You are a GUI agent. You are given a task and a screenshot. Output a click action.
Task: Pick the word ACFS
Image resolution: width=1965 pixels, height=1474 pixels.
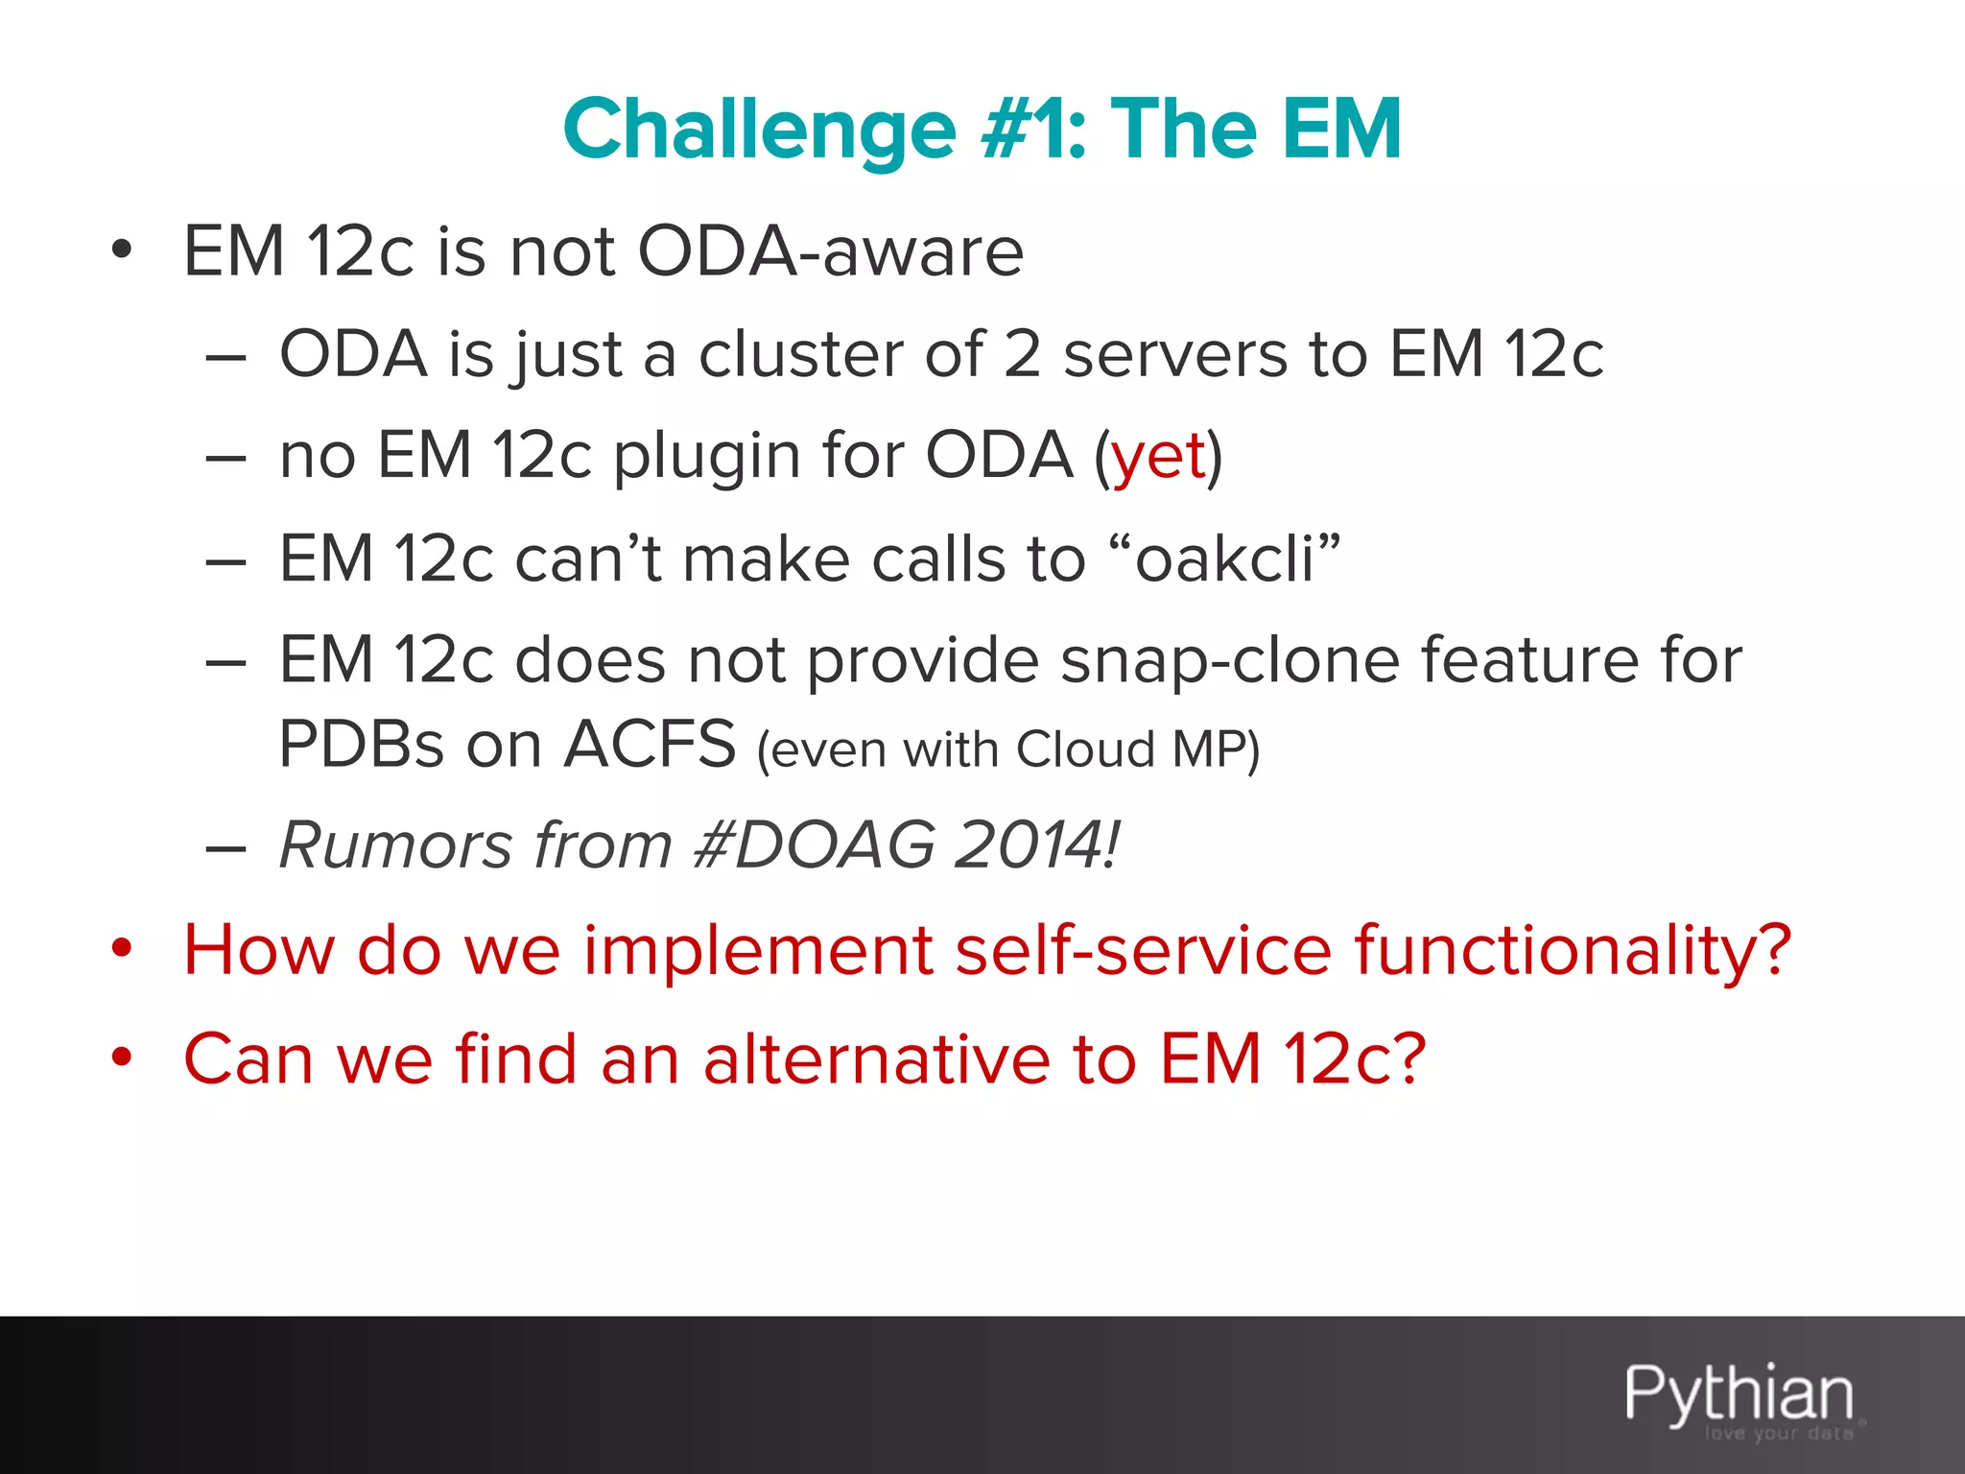click(x=650, y=744)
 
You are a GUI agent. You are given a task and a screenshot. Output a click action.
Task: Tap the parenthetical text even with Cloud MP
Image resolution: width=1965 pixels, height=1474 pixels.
click(x=1007, y=749)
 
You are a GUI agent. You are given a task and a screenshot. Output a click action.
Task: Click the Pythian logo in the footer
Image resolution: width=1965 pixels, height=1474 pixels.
click(x=1739, y=1396)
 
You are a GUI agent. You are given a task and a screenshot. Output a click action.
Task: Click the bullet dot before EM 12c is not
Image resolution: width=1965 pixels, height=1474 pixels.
click(x=121, y=250)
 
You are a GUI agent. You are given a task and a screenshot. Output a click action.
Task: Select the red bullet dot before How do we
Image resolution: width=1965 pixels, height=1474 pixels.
click(x=121, y=949)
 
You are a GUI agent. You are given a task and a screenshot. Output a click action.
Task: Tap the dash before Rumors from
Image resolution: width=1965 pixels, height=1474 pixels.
click(x=226, y=848)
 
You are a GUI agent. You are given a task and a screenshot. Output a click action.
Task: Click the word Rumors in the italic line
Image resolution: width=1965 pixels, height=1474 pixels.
click(x=395, y=845)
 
